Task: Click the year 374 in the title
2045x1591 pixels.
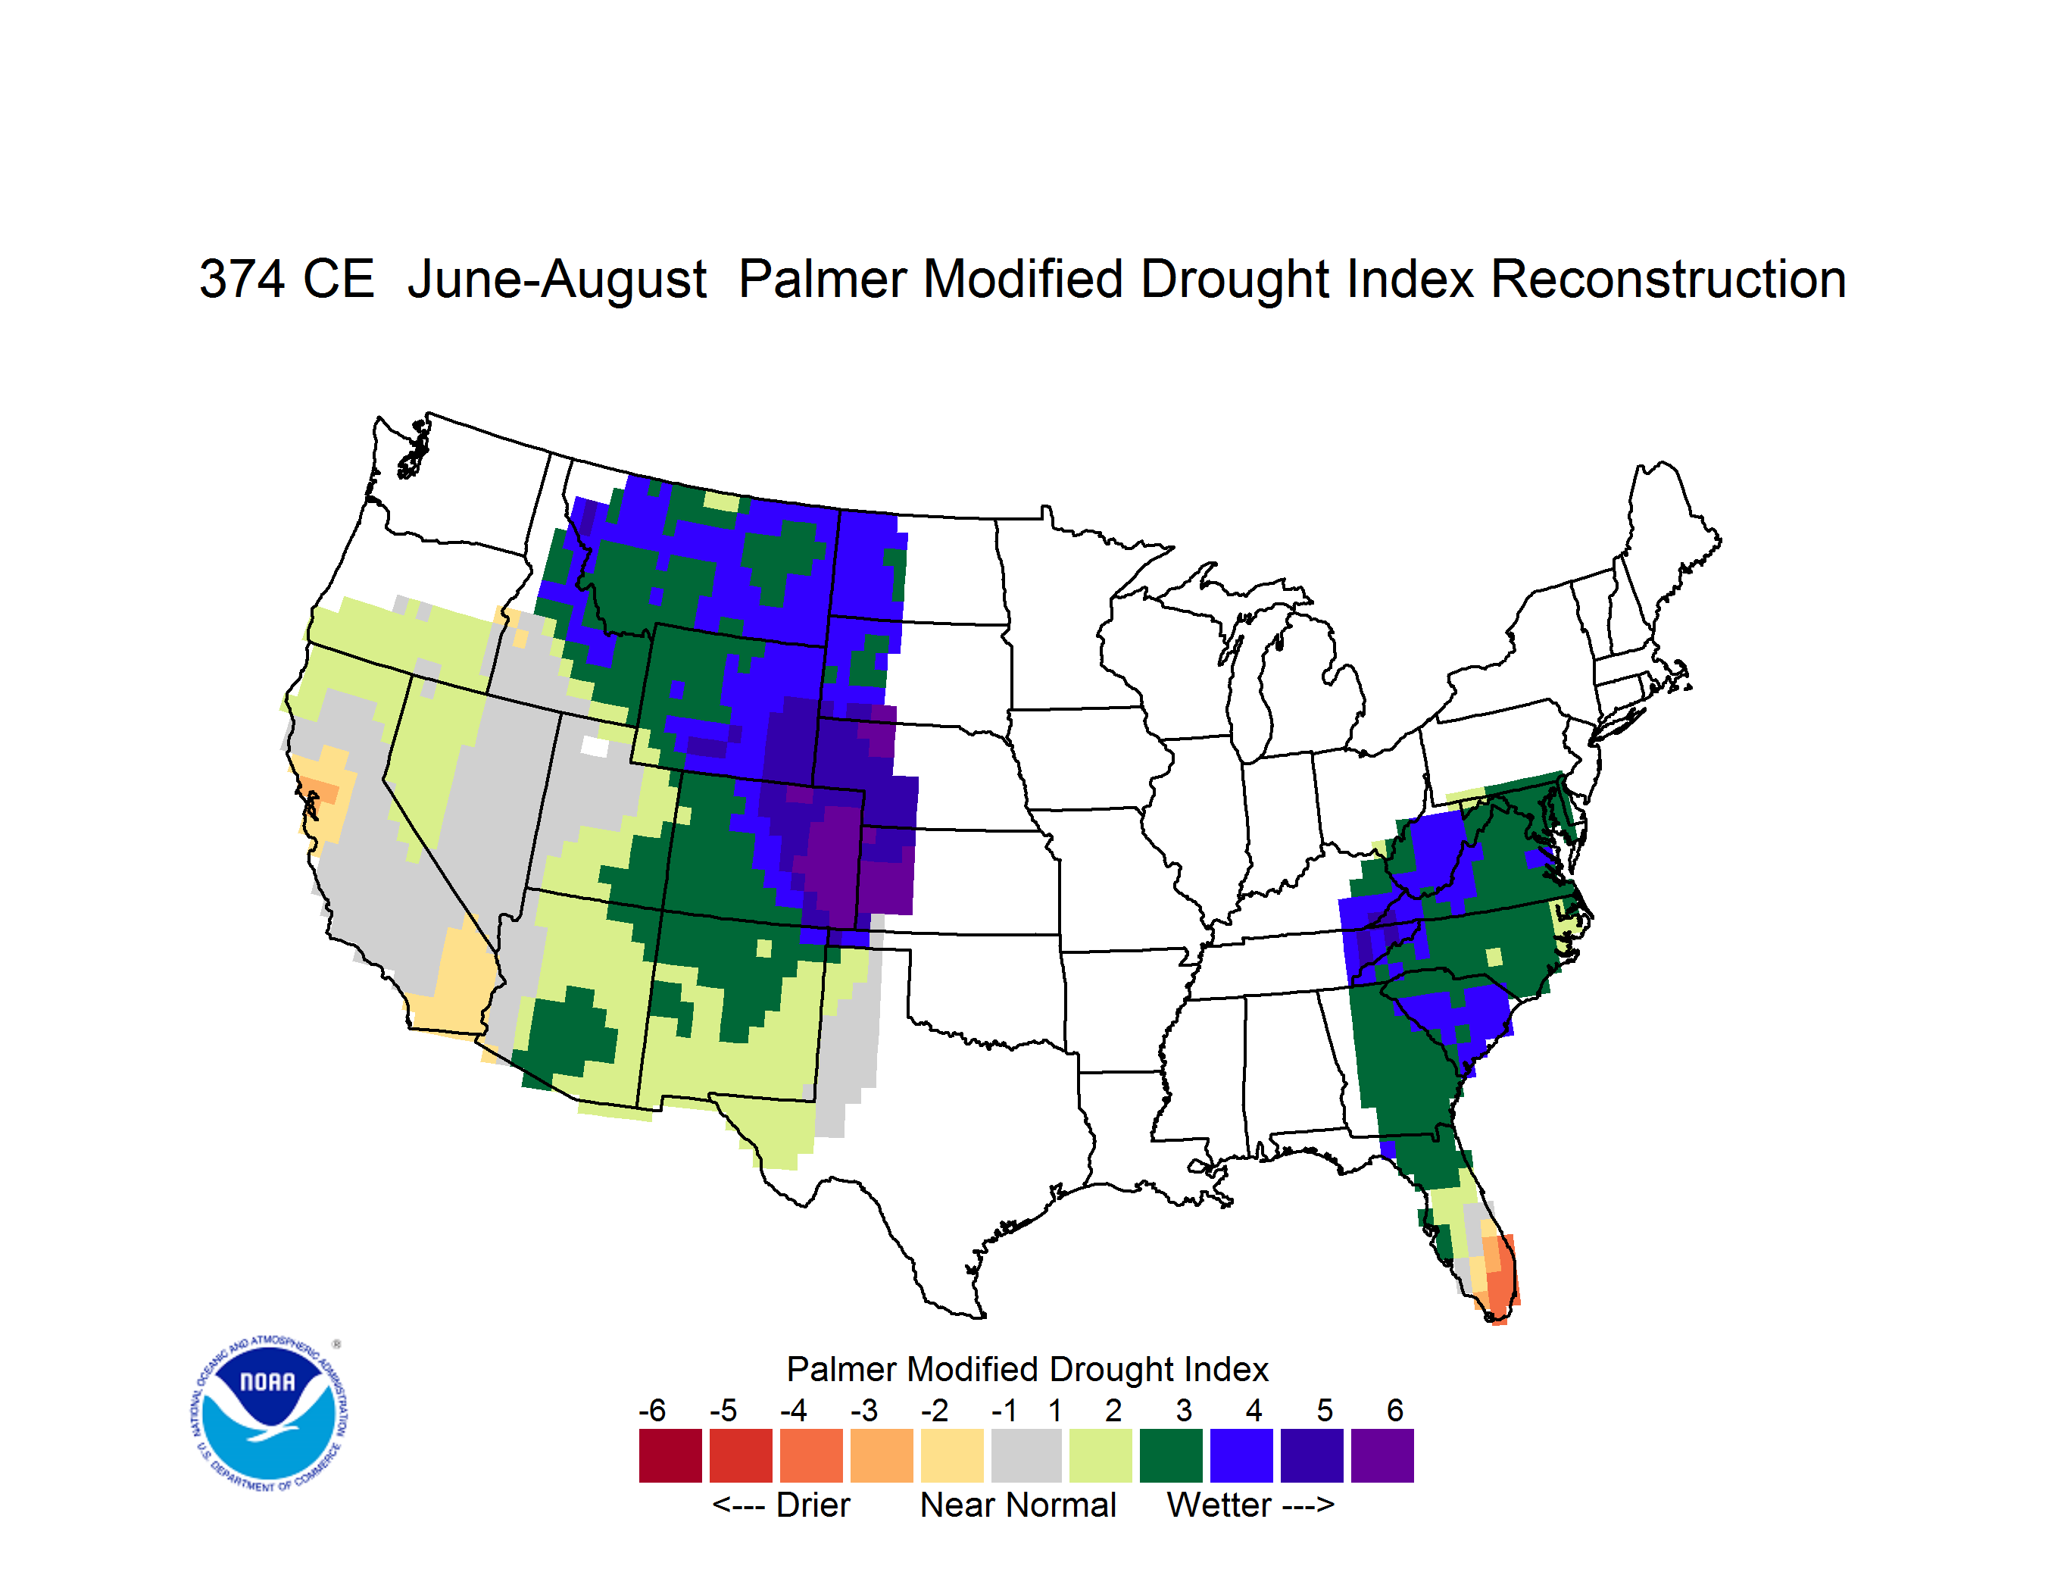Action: [x=242, y=279]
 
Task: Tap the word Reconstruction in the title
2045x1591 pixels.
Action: [x=1668, y=279]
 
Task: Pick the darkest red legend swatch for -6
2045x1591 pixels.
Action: [x=670, y=1455]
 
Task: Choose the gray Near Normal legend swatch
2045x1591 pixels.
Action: [x=1026, y=1455]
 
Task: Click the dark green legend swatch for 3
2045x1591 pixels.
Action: [x=1170, y=1455]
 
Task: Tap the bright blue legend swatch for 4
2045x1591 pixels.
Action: [x=1241, y=1455]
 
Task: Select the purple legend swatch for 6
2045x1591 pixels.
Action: [x=1382, y=1455]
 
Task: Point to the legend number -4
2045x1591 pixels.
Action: [x=793, y=1410]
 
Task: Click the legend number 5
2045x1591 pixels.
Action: [x=1325, y=1410]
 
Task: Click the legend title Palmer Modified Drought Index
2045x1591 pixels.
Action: [x=1027, y=1370]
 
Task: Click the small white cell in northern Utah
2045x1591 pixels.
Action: [x=595, y=746]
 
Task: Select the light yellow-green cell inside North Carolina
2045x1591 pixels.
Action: [x=1494, y=957]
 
